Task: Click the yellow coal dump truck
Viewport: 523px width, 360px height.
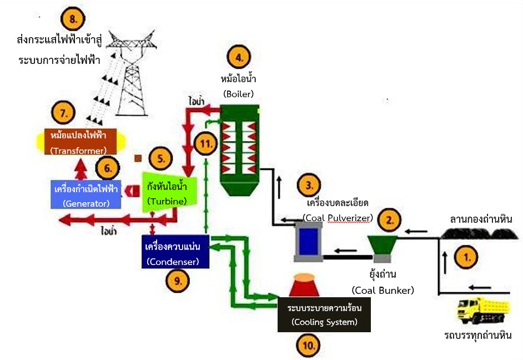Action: pos(480,311)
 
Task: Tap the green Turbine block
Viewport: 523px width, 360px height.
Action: pos(165,192)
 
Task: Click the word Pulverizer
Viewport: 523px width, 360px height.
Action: pos(350,218)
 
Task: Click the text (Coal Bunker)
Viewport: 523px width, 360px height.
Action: pos(383,290)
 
